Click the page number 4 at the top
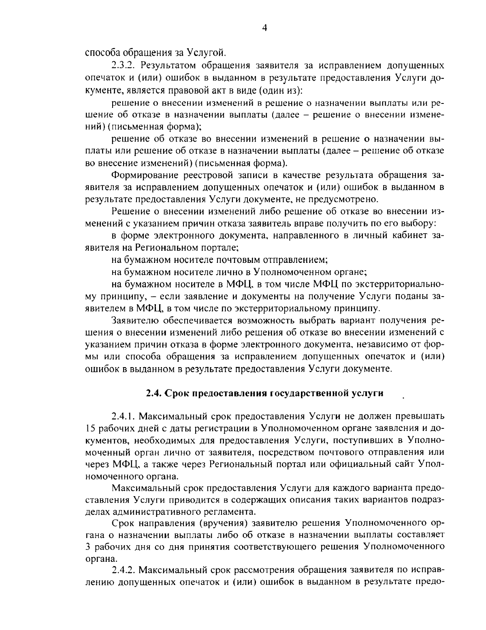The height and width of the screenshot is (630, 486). [264, 28]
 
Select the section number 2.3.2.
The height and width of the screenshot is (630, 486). [123, 65]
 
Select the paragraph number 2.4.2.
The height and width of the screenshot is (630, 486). [124, 570]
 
